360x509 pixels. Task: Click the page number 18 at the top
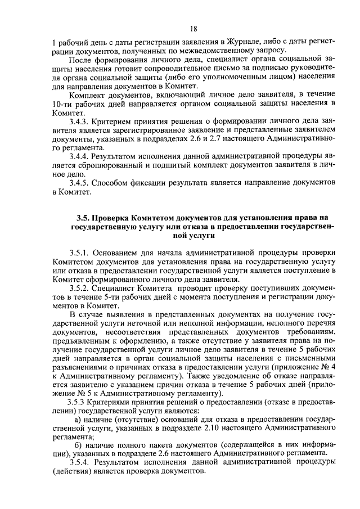193,29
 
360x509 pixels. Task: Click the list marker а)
79,420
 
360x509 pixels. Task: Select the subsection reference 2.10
198,429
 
